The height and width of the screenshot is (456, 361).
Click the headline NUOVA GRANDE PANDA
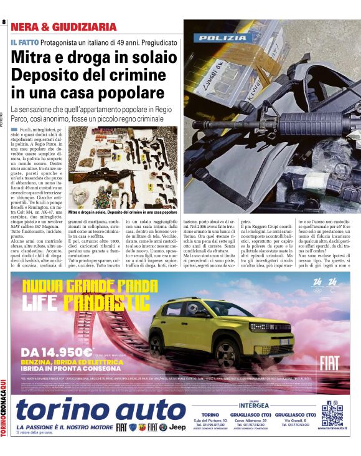click(90, 286)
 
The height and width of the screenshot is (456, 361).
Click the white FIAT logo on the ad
click(329, 363)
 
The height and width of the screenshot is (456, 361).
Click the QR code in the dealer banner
click(332, 416)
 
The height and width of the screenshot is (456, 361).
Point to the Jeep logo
click(177, 427)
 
